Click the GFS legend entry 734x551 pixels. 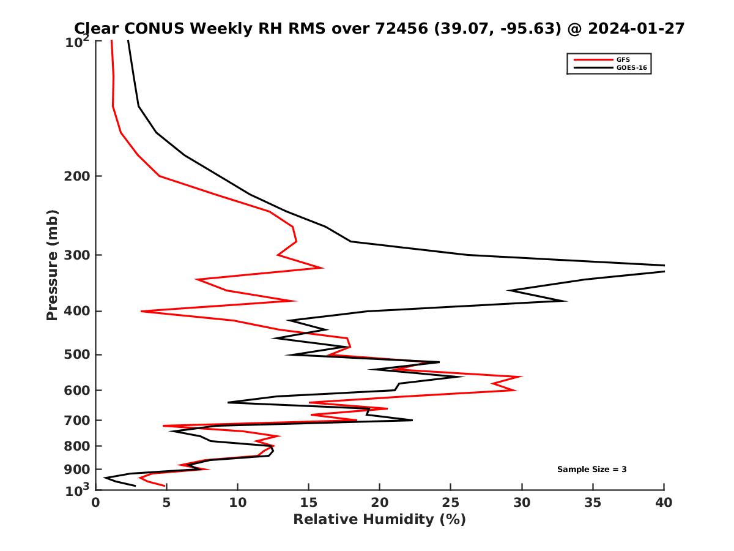click(623, 59)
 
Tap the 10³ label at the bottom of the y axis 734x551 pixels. click(79, 490)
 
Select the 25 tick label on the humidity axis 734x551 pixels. click(451, 503)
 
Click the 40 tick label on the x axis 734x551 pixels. click(664, 503)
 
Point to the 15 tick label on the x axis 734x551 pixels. click(308, 503)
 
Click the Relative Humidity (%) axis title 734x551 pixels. click(379, 520)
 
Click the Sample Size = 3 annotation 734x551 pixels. click(591, 470)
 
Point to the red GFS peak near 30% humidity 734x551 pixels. click(521, 377)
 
